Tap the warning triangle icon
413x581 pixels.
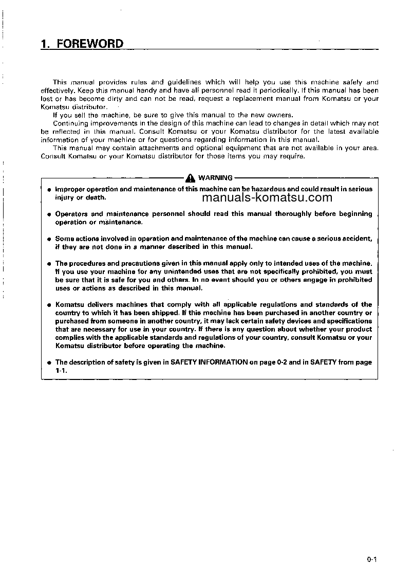point(191,178)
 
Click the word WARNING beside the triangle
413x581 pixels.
point(215,178)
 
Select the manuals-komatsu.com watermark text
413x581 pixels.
point(267,197)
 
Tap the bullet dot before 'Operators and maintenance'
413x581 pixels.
point(48,214)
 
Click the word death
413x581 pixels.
point(96,197)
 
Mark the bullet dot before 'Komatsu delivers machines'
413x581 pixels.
point(48,305)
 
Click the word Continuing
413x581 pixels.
point(70,123)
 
